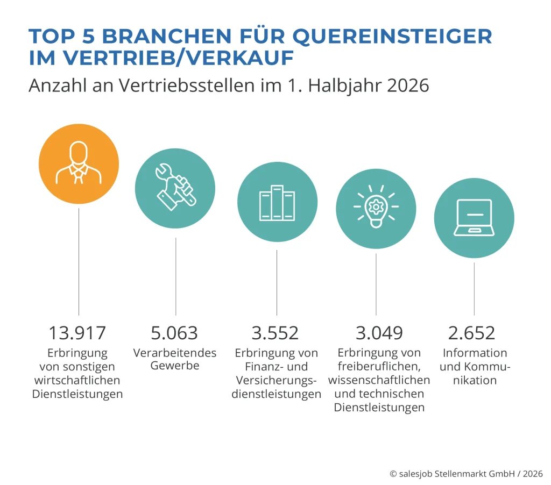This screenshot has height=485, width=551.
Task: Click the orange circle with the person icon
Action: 79,163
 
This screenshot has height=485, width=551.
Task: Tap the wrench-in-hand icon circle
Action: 175,188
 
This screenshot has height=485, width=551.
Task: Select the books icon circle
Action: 277,202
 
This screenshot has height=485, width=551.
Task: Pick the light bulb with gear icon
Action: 376,209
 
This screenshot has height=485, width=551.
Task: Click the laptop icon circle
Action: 474,218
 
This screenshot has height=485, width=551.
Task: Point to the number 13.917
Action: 77,333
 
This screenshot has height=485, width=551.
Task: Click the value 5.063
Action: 174,333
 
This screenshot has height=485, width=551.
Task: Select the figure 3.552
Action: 275,333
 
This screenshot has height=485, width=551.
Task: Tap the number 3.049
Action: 379,333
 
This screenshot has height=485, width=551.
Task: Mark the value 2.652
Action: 471,333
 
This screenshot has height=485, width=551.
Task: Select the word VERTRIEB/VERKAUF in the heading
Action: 178,58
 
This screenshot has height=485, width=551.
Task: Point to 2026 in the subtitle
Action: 408,85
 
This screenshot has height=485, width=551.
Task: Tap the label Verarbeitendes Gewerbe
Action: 175,359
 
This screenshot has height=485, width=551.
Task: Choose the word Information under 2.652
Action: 475,353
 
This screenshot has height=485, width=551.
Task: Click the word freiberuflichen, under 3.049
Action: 379,366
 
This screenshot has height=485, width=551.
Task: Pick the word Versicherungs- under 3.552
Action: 276,380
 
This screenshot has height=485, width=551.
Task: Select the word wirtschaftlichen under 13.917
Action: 77,380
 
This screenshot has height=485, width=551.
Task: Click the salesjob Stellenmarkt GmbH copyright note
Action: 467,474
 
